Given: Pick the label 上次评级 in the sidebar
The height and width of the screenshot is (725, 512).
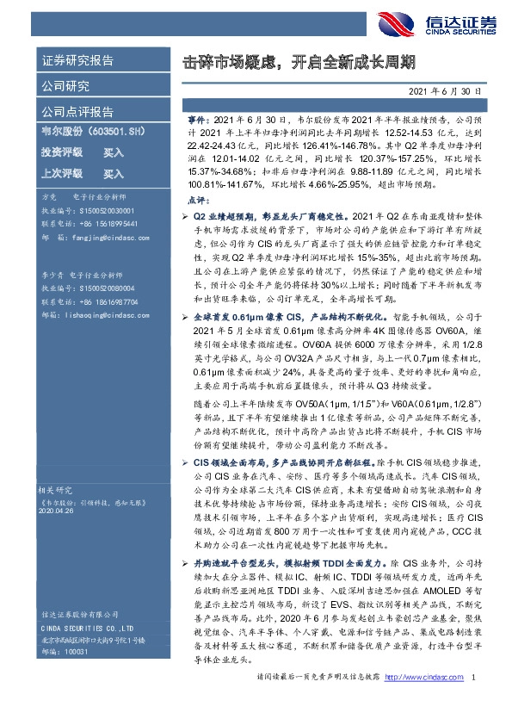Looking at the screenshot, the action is click(x=62, y=173).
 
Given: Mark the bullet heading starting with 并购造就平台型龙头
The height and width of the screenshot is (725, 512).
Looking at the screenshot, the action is click(x=250, y=561).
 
